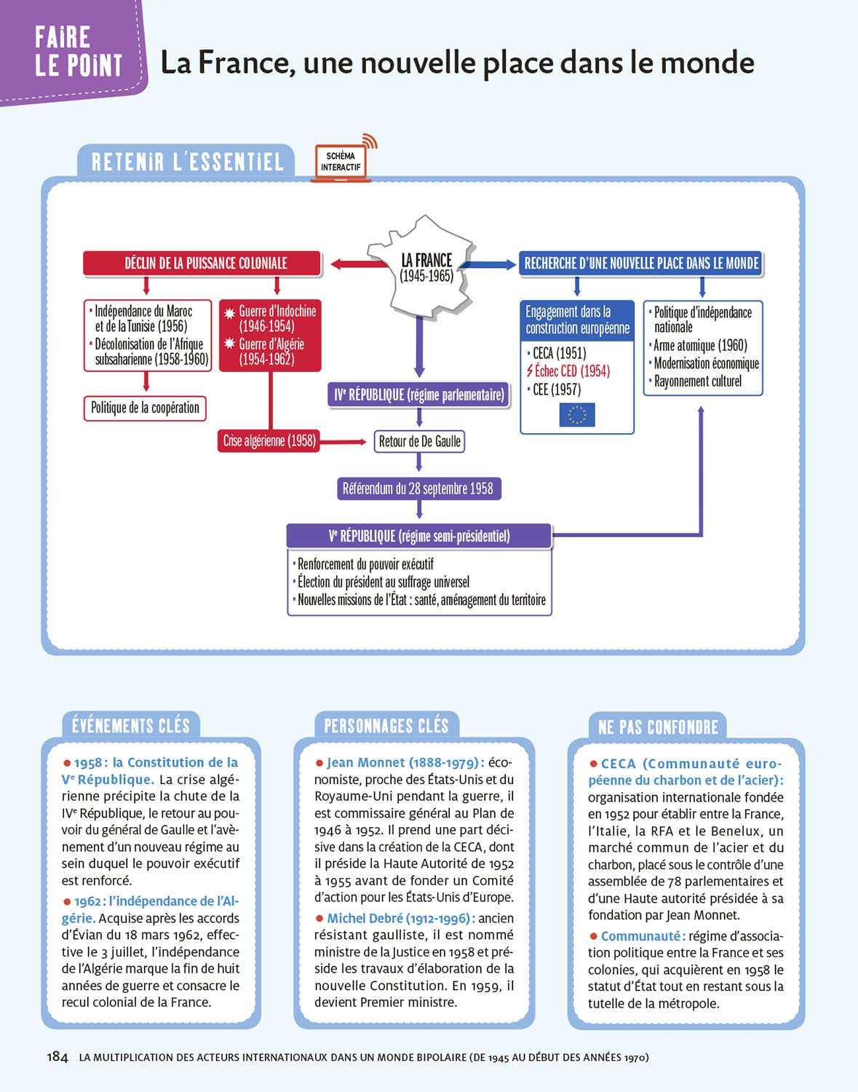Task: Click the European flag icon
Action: pos(577,415)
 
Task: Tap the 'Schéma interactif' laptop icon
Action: pos(341,161)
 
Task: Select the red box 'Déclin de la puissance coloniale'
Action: pos(202,263)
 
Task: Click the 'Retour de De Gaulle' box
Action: pos(419,441)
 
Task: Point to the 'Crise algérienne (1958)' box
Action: pos(269,440)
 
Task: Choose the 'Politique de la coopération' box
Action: pos(145,408)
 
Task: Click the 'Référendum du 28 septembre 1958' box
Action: pos(418,488)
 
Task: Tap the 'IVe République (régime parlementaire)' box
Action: pos(418,395)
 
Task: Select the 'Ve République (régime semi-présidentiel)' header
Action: pos(419,536)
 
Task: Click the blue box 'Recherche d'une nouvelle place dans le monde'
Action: pos(641,263)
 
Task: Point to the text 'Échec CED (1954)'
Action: pos(572,371)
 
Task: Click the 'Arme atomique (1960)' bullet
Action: pos(700,345)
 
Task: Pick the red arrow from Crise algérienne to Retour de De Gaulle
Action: pos(343,441)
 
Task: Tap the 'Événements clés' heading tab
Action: pos(131,726)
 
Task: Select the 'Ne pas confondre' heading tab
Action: pos(658,727)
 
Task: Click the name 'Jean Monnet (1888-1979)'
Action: pos(405,762)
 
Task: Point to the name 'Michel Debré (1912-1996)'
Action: pos(401,918)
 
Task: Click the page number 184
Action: pos(57,1057)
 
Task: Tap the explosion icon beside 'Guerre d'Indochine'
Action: pos(229,313)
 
